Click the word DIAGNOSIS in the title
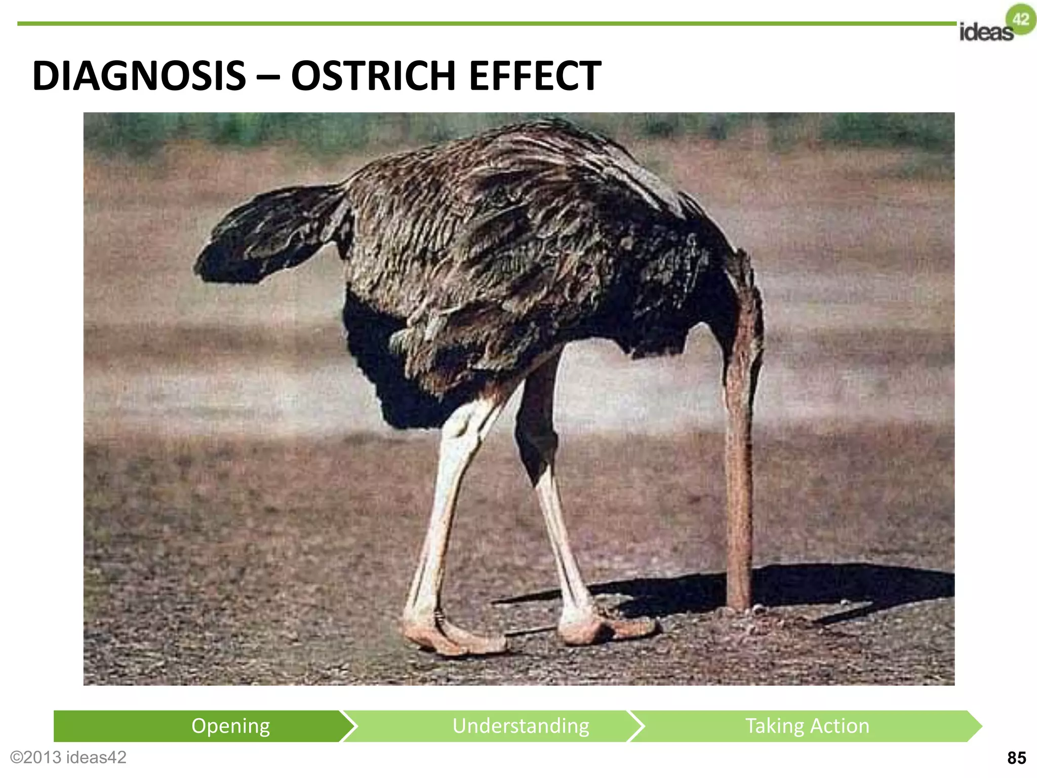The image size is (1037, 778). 139,76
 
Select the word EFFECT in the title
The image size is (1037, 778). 535,76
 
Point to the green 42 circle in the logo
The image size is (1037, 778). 1021,19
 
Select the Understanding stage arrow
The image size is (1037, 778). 521,726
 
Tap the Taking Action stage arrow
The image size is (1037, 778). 807,726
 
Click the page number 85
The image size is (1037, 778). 1016,758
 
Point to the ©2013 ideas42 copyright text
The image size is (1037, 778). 68,757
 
